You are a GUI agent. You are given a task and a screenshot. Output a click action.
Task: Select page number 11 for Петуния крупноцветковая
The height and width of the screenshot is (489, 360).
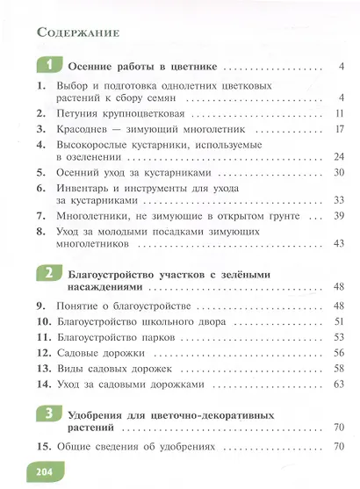[343, 114]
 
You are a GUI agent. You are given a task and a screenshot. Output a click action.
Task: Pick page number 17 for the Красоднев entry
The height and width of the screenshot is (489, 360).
[343, 129]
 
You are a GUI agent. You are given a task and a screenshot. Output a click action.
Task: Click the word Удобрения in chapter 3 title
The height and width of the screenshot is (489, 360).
[99, 413]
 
